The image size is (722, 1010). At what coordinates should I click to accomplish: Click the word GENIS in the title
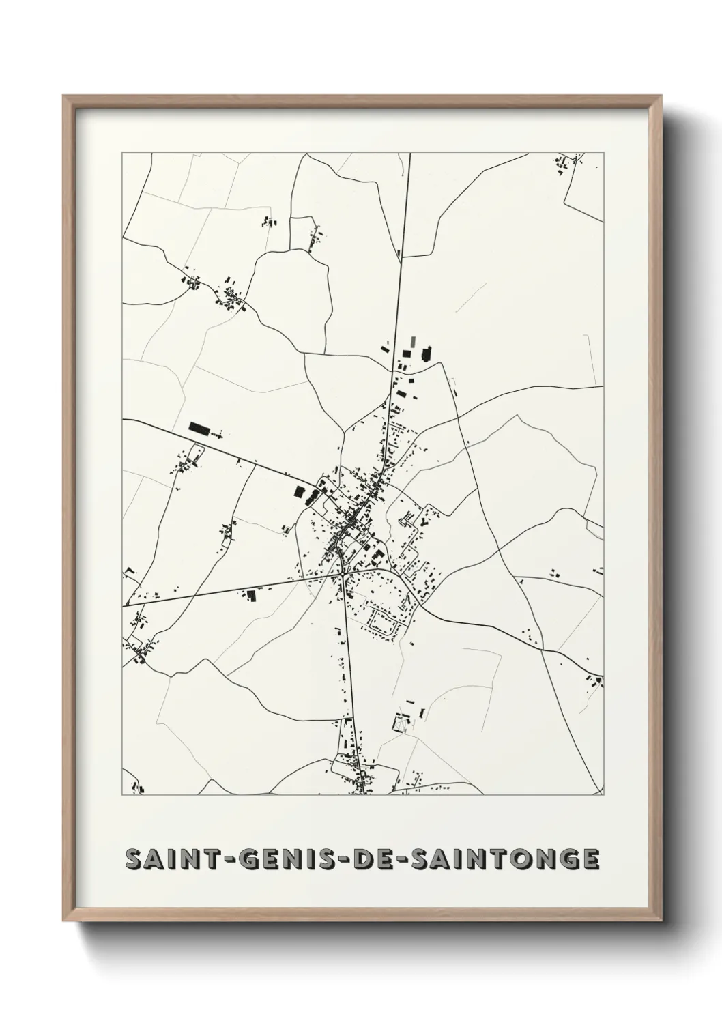[264, 859]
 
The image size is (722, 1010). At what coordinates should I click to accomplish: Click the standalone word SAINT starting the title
[167, 859]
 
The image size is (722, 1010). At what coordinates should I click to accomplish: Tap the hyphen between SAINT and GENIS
[215, 860]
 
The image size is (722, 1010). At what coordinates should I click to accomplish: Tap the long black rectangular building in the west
[199, 428]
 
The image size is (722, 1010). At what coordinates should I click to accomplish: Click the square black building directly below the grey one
[407, 354]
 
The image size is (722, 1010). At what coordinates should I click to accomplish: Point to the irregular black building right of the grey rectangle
[427, 353]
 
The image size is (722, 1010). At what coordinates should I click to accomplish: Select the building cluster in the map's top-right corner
[571, 164]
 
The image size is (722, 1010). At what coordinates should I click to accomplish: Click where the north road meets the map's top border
[410, 154]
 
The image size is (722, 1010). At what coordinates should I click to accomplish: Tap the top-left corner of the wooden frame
[64, 96]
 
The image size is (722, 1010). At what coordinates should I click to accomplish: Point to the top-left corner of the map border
[122, 153]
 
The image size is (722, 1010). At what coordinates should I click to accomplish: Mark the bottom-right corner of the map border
[604, 795]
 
